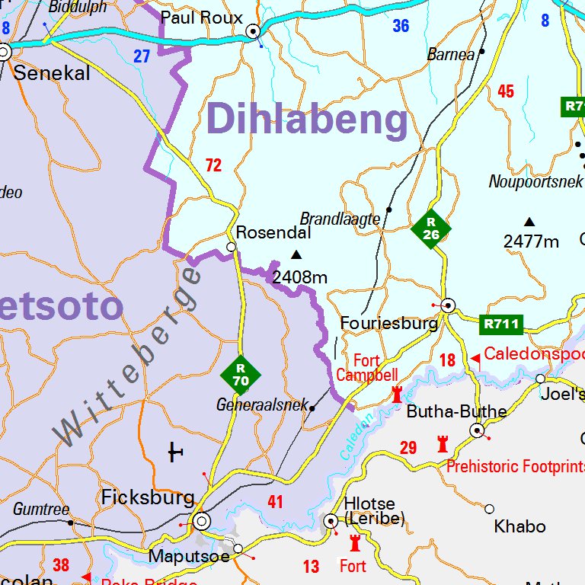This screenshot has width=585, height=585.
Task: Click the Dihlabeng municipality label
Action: pos(307,120)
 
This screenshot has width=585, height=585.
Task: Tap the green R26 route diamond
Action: pos(431,228)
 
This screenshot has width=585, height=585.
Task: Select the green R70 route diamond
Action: pos(241,375)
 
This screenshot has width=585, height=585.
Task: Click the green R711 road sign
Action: pos(501,324)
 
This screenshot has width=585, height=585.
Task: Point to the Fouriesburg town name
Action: pos(388,323)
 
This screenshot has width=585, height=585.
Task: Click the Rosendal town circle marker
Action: pos(232,247)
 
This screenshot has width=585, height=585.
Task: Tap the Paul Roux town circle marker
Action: pos(253,31)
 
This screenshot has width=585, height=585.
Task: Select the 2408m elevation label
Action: pos(299,277)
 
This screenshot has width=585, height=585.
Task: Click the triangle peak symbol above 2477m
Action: pos(529,222)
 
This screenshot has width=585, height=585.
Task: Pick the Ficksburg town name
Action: pos(148,498)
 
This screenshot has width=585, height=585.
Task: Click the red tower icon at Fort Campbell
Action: pos(397,394)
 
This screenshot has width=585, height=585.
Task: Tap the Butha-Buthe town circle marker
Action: pos(478,430)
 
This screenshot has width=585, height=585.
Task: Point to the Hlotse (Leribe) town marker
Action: pos(331,521)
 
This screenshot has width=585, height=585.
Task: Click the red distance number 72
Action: pos(213,165)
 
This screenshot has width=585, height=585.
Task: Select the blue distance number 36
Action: pos(401,26)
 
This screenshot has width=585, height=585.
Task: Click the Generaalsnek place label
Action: pos(261,405)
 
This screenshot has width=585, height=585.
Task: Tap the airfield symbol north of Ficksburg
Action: pos(175,453)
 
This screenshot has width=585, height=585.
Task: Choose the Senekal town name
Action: pos(52,74)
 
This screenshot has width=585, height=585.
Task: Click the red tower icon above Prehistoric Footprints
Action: pos(443,443)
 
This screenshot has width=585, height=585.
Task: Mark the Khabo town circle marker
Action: pos(489,509)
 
